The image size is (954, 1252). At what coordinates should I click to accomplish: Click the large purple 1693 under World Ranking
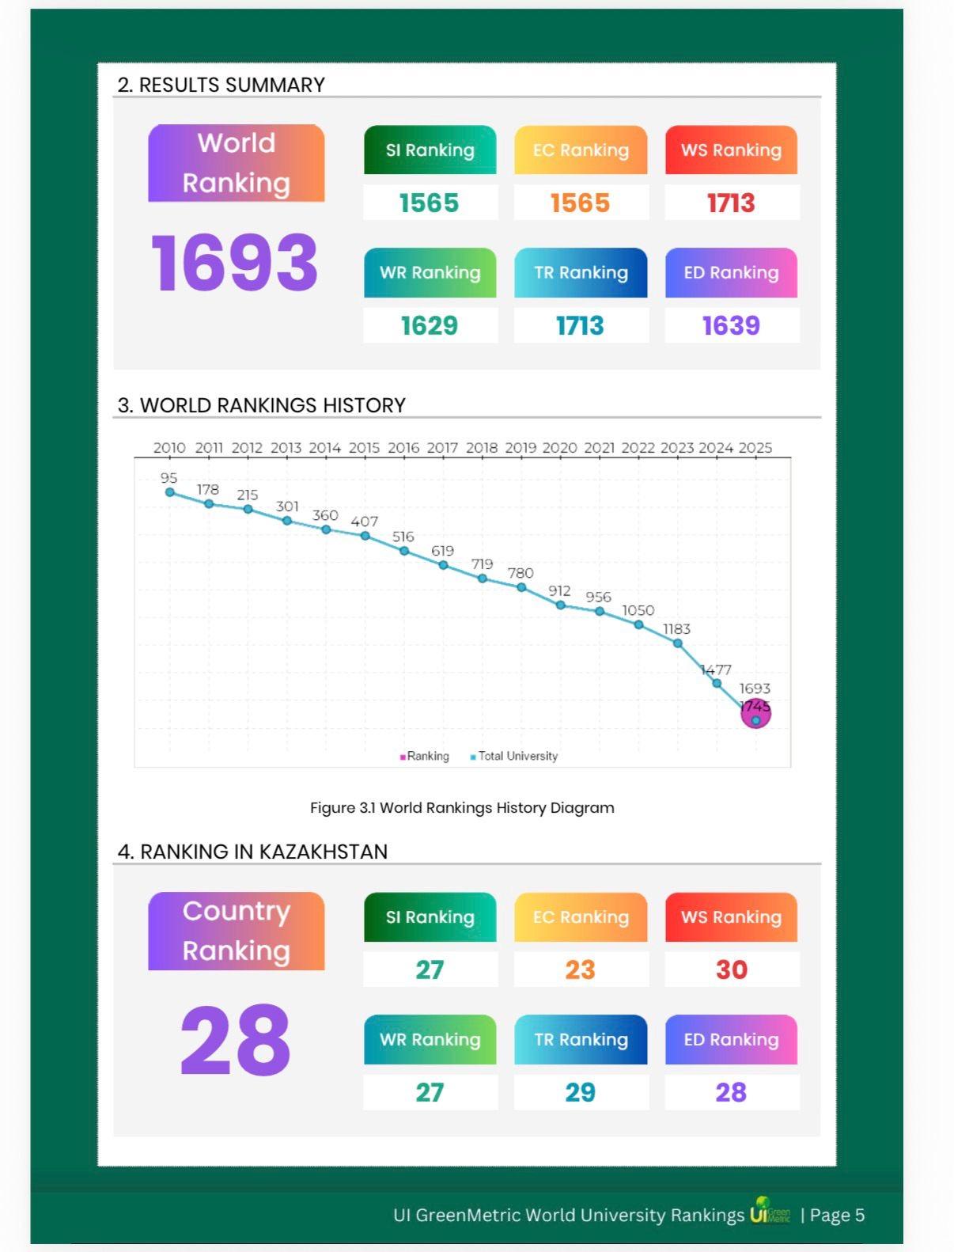click(x=235, y=263)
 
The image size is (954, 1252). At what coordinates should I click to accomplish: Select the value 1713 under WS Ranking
click(x=731, y=203)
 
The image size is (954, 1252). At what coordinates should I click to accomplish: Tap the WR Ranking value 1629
click(x=430, y=325)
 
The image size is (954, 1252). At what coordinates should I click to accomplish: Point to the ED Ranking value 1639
click(x=731, y=325)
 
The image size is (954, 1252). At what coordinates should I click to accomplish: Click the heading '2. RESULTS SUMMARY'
click(x=221, y=85)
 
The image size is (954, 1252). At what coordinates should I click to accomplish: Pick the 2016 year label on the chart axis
click(x=403, y=448)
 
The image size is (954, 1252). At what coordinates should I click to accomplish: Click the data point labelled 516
click(x=404, y=550)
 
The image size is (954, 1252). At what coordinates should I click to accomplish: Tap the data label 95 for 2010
click(x=168, y=478)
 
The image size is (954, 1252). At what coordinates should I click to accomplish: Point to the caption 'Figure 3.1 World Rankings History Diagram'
click(x=462, y=808)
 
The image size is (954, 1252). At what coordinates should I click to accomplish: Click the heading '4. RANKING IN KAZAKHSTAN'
click(x=252, y=852)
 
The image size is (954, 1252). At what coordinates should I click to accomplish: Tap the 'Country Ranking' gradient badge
click(x=236, y=931)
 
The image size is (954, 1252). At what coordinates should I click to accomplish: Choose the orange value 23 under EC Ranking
click(x=580, y=970)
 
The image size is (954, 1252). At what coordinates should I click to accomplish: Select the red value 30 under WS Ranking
click(x=731, y=970)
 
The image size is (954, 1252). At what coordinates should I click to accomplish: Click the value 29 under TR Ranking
click(x=580, y=1092)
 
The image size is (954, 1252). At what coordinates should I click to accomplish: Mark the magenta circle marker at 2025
click(x=755, y=714)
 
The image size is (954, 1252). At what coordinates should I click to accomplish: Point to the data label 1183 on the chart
click(x=676, y=629)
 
